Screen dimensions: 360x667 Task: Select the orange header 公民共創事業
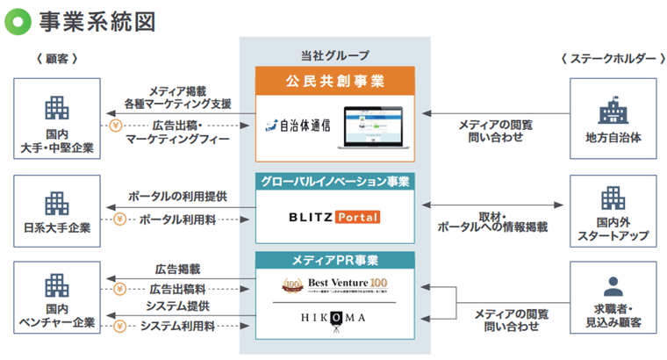[x=335, y=82]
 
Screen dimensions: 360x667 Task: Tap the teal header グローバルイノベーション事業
[x=335, y=182]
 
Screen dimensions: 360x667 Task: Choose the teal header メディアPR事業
[x=335, y=261]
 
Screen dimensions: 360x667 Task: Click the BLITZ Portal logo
[x=334, y=216]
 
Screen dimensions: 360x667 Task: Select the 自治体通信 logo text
[x=298, y=125]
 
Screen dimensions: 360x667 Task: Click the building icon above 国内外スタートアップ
[x=612, y=199]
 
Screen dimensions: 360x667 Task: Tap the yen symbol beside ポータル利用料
[x=119, y=220]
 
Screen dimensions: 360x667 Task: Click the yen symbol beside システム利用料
[x=119, y=326]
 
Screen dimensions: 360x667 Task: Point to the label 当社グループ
[x=335, y=55]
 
